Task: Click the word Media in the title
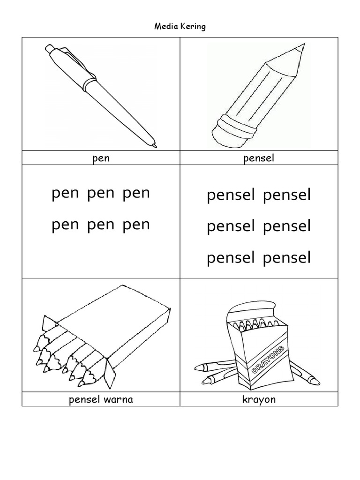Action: [165, 26]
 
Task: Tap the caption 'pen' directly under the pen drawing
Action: [101, 158]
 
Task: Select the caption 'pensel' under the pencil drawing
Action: [259, 158]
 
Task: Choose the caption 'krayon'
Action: [259, 399]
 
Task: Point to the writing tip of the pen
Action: [154, 146]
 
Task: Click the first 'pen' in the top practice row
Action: [65, 193]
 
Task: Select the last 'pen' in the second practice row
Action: [136, 225]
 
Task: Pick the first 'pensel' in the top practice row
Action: [231, 195]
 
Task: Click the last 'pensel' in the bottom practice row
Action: [287, 258]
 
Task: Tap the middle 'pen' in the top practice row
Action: [101, 193]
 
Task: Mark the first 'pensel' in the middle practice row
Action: [231, 226]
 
